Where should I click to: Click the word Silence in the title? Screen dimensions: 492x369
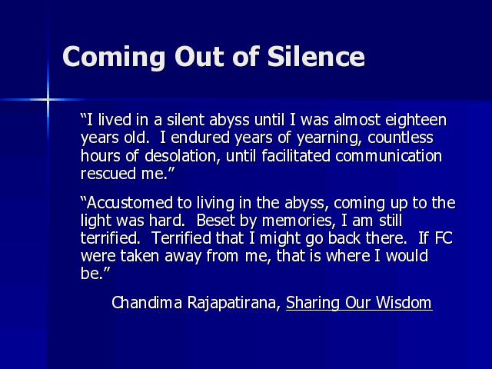[316, 56]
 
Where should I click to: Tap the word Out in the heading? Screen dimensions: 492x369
[200, 57]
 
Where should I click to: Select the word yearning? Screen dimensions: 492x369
[329, 138]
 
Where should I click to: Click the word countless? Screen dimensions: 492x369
[401, 138]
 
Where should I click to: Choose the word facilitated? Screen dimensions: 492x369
[296, 155]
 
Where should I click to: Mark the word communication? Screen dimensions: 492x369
[389, 155]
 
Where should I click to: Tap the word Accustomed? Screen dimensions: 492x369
[130, 203]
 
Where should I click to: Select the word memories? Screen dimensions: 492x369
[297, 221]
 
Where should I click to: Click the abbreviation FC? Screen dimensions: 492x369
[444, 238]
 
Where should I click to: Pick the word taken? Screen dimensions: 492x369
[140, 256]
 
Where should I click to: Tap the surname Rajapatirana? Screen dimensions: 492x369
[234, 304]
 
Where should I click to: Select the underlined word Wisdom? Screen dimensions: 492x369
[404, 302]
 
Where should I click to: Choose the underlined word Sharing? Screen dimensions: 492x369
[313, 304]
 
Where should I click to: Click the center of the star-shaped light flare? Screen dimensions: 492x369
[48, 100]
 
